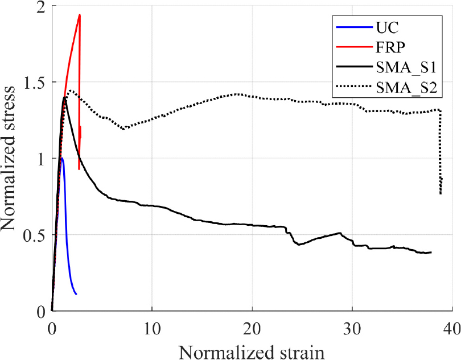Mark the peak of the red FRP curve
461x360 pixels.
tap(80, 15)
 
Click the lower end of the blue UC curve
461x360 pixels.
tap(76, 294)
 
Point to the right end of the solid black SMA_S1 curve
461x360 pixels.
tap(431, 252)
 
